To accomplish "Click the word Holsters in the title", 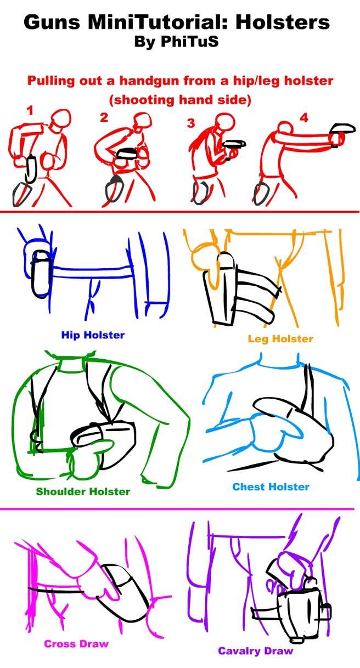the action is [x=283, y=22].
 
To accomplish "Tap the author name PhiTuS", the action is [x=189, y=42].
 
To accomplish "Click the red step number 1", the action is [x=30, y=111].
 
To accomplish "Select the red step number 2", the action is [x=104, y=117].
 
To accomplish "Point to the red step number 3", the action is [x=191, y=123].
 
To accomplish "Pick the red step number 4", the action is [x=303, y=118].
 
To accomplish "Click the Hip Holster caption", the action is [x=93, y=335].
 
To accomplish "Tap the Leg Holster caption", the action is [x=280, y=339].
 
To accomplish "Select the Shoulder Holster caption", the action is [x=83, y=491].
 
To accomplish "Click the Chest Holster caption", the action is [x=271, y=486].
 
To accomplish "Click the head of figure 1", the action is [x=61, y=120].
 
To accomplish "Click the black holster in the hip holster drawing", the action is [x=40, y=274].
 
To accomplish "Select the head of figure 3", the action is [x=225, y=122].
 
